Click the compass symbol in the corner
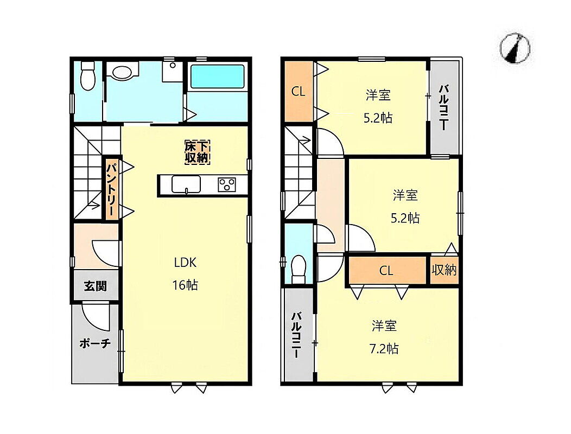515,48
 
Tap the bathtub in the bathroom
218,76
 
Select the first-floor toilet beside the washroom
88,76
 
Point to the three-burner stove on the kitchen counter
227,184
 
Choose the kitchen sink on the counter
186,184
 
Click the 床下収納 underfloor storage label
197,152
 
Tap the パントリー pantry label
112,189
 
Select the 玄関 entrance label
96,286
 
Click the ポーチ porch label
94,343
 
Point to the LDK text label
185,262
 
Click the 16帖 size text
185,285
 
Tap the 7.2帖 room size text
384,349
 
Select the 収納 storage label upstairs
444,270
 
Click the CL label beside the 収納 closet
386,271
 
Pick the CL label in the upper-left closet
298,91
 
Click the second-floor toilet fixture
299,269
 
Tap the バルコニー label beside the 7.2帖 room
296,335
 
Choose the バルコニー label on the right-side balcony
443,107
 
